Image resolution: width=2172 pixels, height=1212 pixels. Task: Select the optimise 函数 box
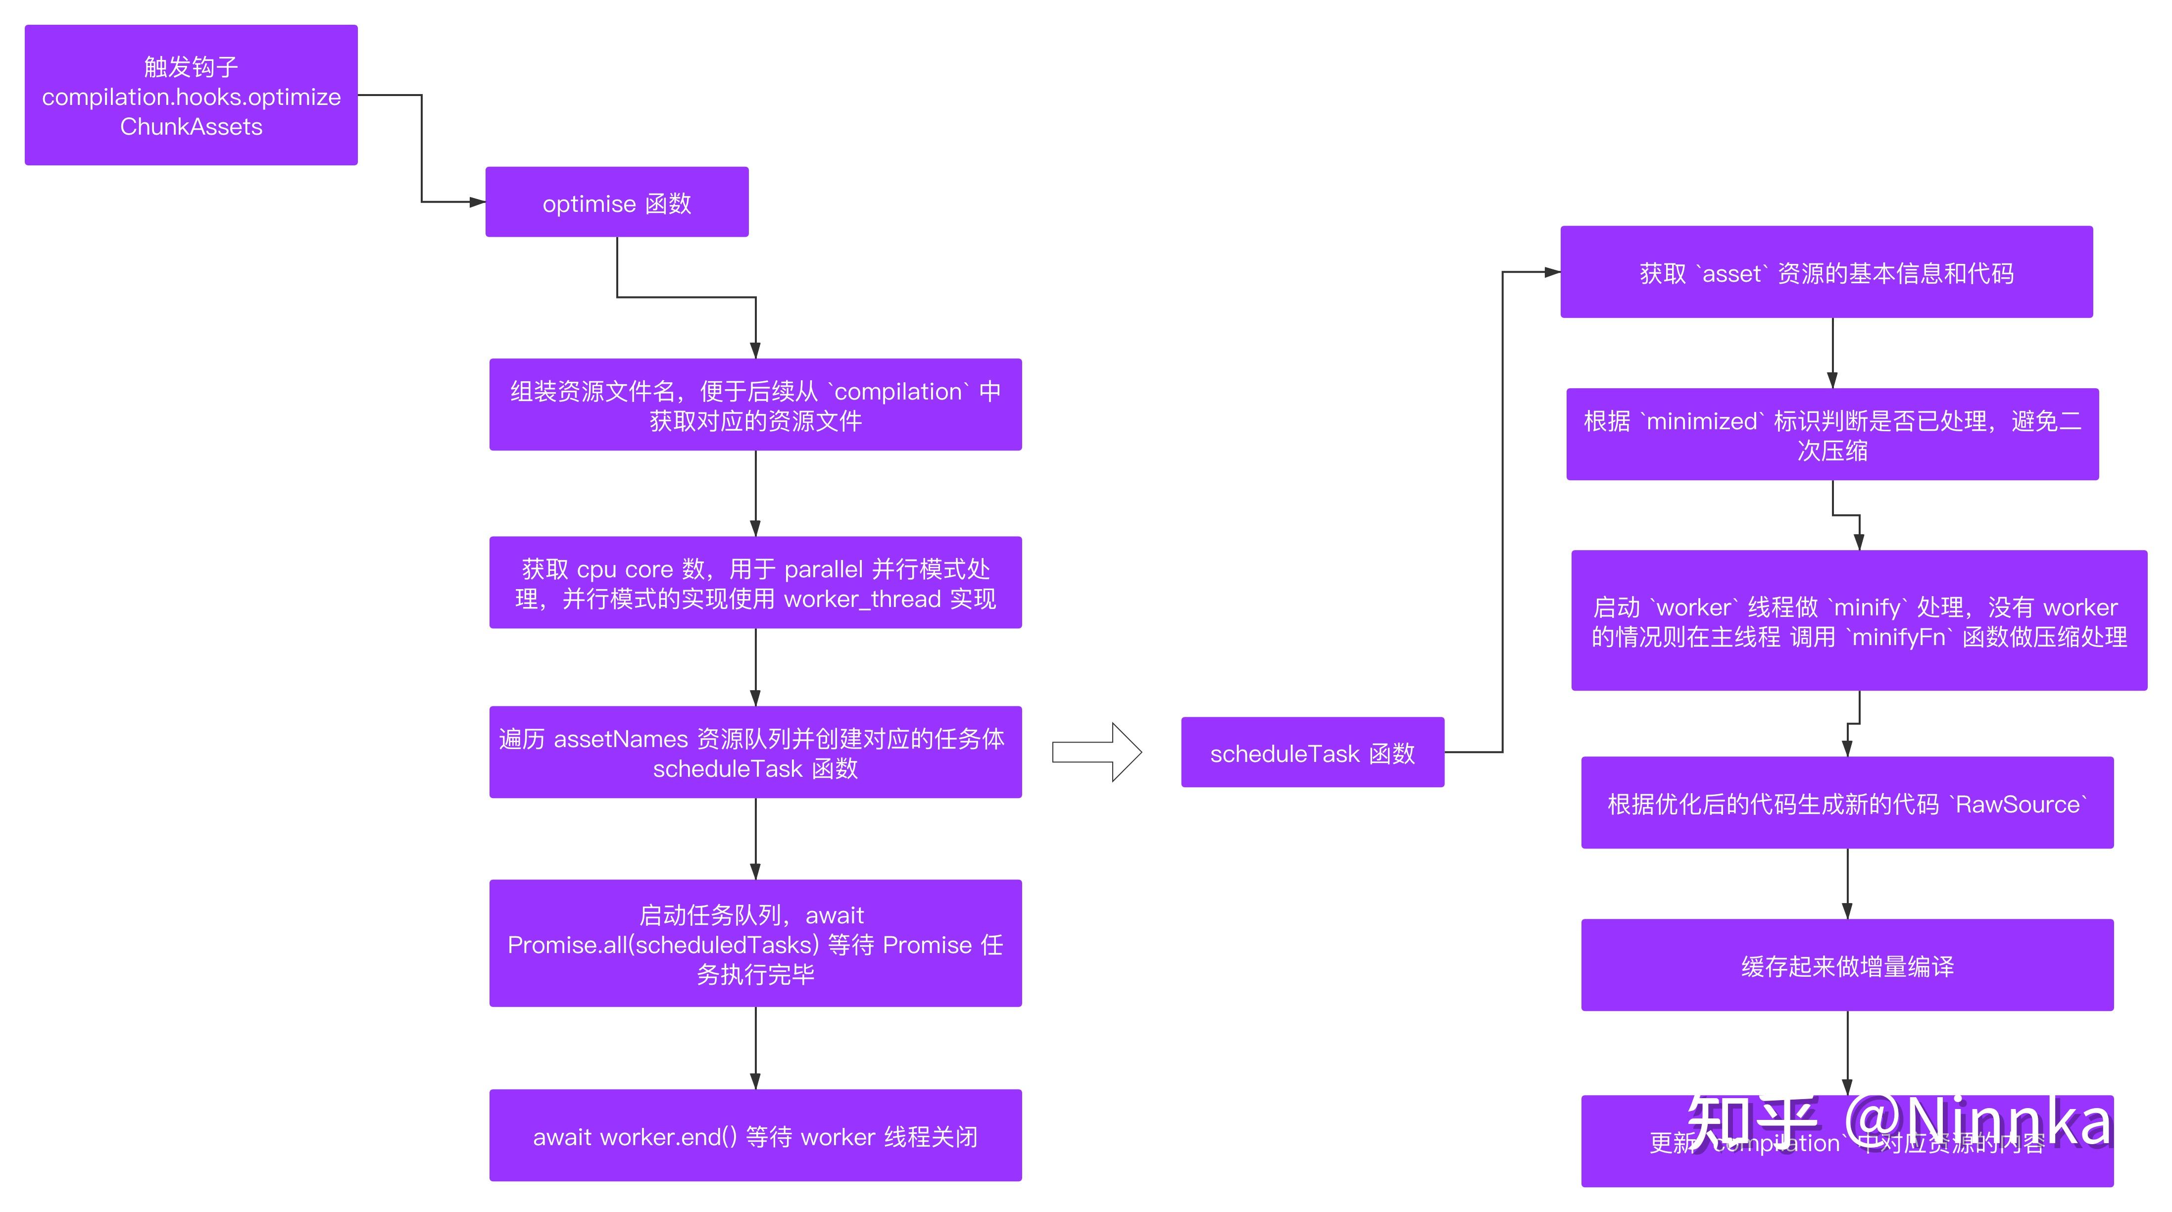616,202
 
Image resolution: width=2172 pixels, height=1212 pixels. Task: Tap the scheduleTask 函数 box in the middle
1312,753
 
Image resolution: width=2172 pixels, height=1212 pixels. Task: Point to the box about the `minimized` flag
1831,434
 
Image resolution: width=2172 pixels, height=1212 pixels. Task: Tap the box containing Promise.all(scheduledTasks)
755,943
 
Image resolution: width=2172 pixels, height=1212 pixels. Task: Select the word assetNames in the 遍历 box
621,739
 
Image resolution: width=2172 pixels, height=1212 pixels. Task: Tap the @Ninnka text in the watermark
1977,1122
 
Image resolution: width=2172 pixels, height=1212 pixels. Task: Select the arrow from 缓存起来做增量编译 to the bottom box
1846,1053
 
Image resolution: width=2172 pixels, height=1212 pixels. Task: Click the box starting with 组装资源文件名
755,405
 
